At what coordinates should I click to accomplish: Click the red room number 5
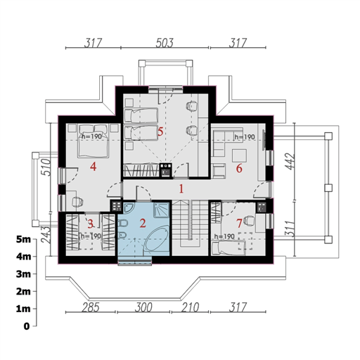coord(160,131)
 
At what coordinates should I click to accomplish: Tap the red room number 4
coord(94,167)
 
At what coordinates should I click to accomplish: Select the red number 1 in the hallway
coord(181,189)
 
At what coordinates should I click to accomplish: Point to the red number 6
coord(239,169)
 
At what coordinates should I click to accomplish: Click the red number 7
coord(239,224)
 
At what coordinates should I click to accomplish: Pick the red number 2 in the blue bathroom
coord(143,224)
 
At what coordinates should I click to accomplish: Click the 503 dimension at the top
coord(165,43)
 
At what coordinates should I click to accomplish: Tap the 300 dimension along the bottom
coord(143,307)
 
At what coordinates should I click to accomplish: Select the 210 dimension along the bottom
coord(190,307)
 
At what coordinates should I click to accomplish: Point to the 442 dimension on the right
coord(290,162)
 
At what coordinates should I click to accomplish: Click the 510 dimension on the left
coord(46,167)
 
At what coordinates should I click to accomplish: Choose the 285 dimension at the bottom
coord(91,307)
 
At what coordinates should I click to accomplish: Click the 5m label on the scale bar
coord(23,240)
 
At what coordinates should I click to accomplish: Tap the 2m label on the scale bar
coord(23,292)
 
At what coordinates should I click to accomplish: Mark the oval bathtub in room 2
coord(156,240)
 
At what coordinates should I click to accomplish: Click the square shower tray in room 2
coord(161,210)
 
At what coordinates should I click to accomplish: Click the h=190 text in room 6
coord(245,137)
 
